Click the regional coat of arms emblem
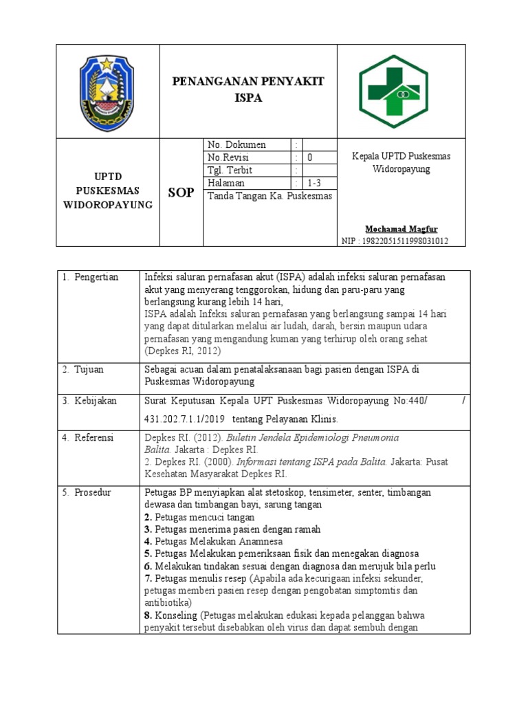point(108,93)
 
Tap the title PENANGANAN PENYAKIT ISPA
point(247,90)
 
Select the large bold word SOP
point(181,192)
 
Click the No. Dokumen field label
point(236,145)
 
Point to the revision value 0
point(310,157)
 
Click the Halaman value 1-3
point(314,184)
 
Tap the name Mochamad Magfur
point(401,228)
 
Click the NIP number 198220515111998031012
point(395,241)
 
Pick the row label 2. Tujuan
point(84,369)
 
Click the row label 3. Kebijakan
point(89,400)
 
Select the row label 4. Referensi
point(89,437)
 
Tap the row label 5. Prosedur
point(87,493)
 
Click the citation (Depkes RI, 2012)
point(182,351)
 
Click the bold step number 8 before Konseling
point(148,616)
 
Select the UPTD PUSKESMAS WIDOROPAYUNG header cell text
point(108,190)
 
